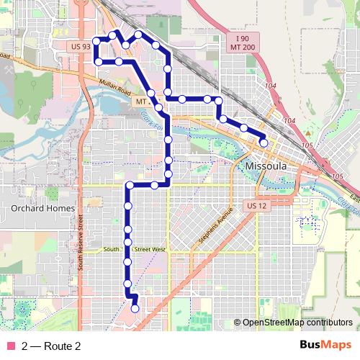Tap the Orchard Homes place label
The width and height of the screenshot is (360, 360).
[38, 208]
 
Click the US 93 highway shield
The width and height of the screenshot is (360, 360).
[81, 46]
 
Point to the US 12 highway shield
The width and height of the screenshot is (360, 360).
[256, 206]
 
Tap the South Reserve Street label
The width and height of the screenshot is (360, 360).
[81, 245]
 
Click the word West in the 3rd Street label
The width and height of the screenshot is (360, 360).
[158, 250]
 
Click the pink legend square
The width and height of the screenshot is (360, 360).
[11, 346]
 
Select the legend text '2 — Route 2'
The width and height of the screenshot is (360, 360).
[51, 346]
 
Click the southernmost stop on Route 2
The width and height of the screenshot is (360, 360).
[135, 309]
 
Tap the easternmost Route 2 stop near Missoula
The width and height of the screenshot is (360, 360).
[264, 143]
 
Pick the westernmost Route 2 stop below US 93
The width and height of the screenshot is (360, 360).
[97, 62]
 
